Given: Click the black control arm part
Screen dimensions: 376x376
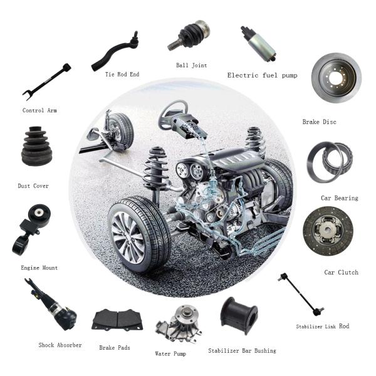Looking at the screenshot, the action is point(47,81).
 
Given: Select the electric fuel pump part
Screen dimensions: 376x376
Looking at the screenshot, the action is point(259,44).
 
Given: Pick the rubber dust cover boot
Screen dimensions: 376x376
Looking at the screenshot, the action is point(36,146).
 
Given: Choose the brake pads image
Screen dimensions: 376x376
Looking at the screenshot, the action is point(117,320).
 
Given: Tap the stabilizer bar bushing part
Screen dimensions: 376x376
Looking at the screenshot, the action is point(239,315).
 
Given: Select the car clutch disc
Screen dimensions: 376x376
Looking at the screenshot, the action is point(328,231).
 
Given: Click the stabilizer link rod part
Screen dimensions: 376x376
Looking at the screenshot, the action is point(301,295).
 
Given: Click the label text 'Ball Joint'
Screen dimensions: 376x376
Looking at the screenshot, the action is point(191,65).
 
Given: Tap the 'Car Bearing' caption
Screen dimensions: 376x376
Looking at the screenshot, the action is point(339,198).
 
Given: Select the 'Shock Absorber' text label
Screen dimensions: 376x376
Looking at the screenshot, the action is point(60,345).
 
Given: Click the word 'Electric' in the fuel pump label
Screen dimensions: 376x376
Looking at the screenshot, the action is point(243,75).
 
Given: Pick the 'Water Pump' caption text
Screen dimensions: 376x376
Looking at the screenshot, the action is point(170,353).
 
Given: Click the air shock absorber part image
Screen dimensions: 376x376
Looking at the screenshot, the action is point(51,305).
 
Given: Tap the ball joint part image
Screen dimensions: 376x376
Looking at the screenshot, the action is point(189,35).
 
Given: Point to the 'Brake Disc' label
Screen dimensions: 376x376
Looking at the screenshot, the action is point(319,122).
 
